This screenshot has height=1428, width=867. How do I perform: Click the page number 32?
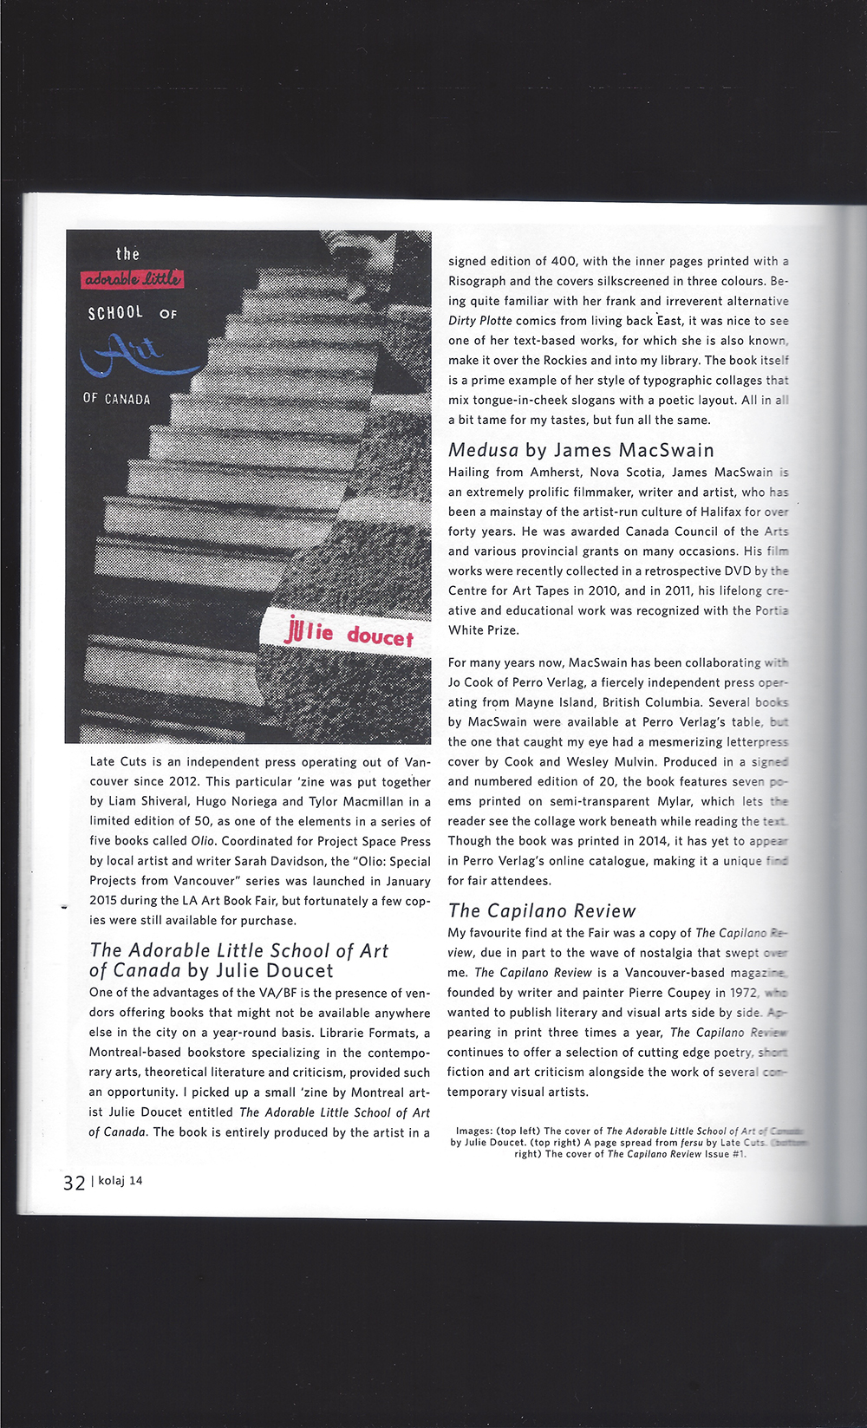[x=74, y=1183]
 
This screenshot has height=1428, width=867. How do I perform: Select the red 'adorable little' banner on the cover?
[x=133, y=278]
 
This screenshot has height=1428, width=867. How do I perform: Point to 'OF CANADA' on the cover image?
[x=116, y=399]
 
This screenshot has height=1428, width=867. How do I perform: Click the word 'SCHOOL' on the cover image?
[x=115, y=312]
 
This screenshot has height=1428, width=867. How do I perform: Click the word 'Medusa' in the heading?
[x=483, y=450]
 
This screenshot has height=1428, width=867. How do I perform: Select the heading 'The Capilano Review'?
[x=542, y=910]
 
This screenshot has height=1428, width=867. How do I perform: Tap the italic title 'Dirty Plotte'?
[x=480, y=321]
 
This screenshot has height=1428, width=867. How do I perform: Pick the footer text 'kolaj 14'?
[x=121, y=1181]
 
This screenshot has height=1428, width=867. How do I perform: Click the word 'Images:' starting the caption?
[x=474, y=1131]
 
